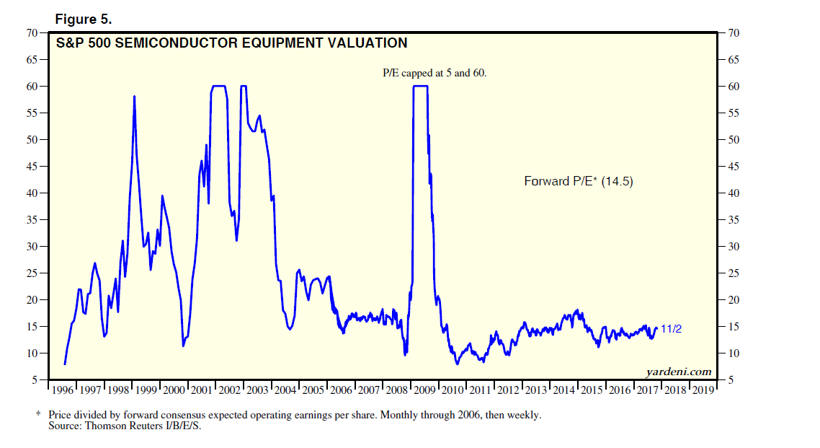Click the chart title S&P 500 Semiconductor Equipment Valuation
(x=231, y=43)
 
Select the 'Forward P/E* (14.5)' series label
(x=578, y=181)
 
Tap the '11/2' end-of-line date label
(x=671, y=329)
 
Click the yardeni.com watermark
(x=679, y=372)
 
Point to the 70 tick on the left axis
(x=32, y=33)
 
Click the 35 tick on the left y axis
(x=32, y=220)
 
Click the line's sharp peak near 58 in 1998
(x=134, y=96)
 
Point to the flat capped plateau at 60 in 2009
(x=420, y=87)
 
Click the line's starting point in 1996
(x=65, y=364)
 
